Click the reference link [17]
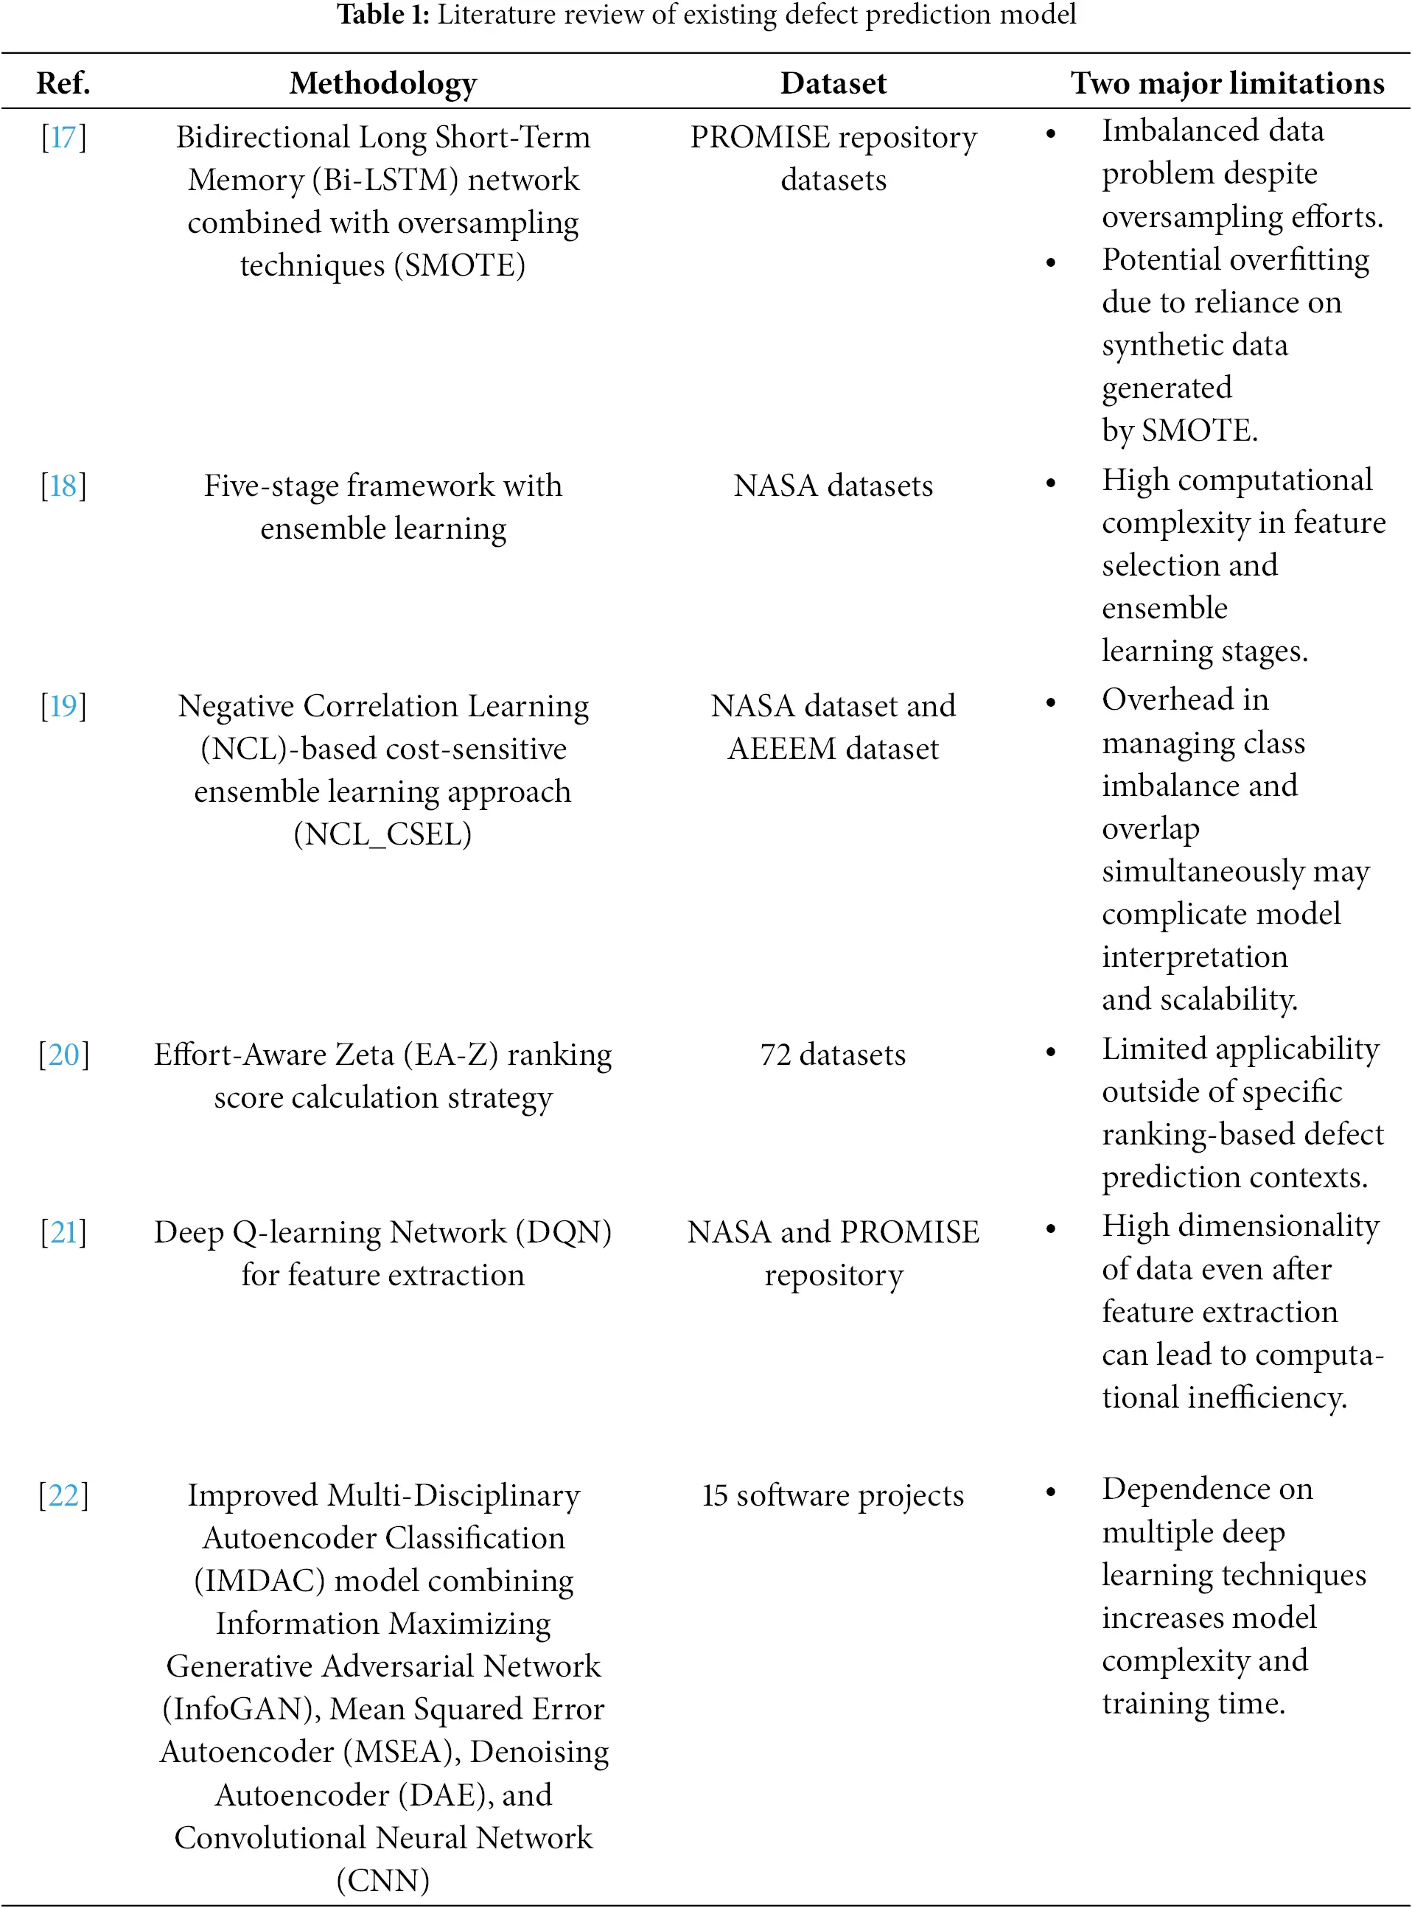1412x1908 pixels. (x=63, y=137)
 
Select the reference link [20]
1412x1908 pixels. (x=63, y=1054)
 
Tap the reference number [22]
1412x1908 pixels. (x=63, y=1495)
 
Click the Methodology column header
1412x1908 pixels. (x=383, y=83)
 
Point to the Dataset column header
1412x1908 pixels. (x=833, y=83)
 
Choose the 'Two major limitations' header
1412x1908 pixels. (x=1226, y=83)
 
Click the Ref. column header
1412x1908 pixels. (x=63, y=83)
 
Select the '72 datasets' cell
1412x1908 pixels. (x=833, y=1054)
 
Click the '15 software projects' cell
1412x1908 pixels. (x=833, y=1495)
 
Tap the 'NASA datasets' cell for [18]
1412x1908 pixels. (x=833, y=486)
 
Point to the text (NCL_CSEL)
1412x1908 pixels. (x=383, y=834)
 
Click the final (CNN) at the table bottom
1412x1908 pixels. (x=383, y=1880)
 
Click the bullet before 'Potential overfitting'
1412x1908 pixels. (x=1050, y=262)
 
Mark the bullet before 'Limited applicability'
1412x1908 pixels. (x=1050, y=1052)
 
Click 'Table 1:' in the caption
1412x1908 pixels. (x=382, y=15)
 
